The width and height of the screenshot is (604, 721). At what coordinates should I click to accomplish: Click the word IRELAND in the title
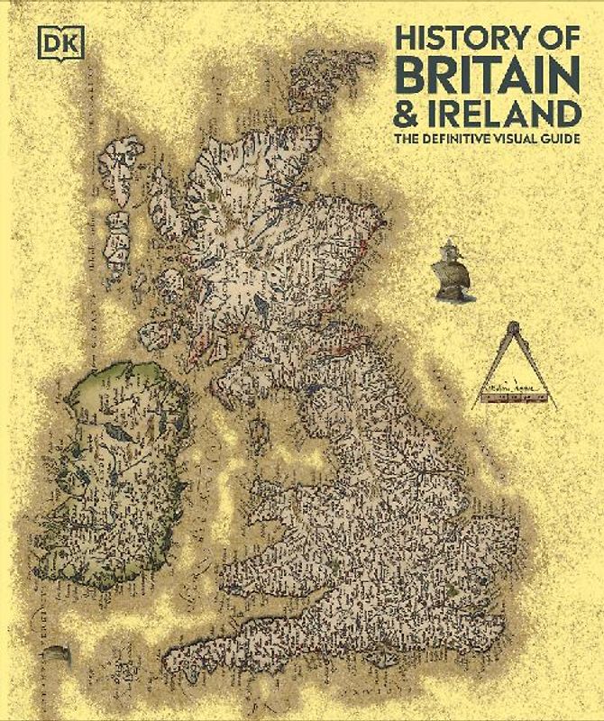513,115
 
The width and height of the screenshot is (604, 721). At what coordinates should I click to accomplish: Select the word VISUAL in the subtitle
526,141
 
